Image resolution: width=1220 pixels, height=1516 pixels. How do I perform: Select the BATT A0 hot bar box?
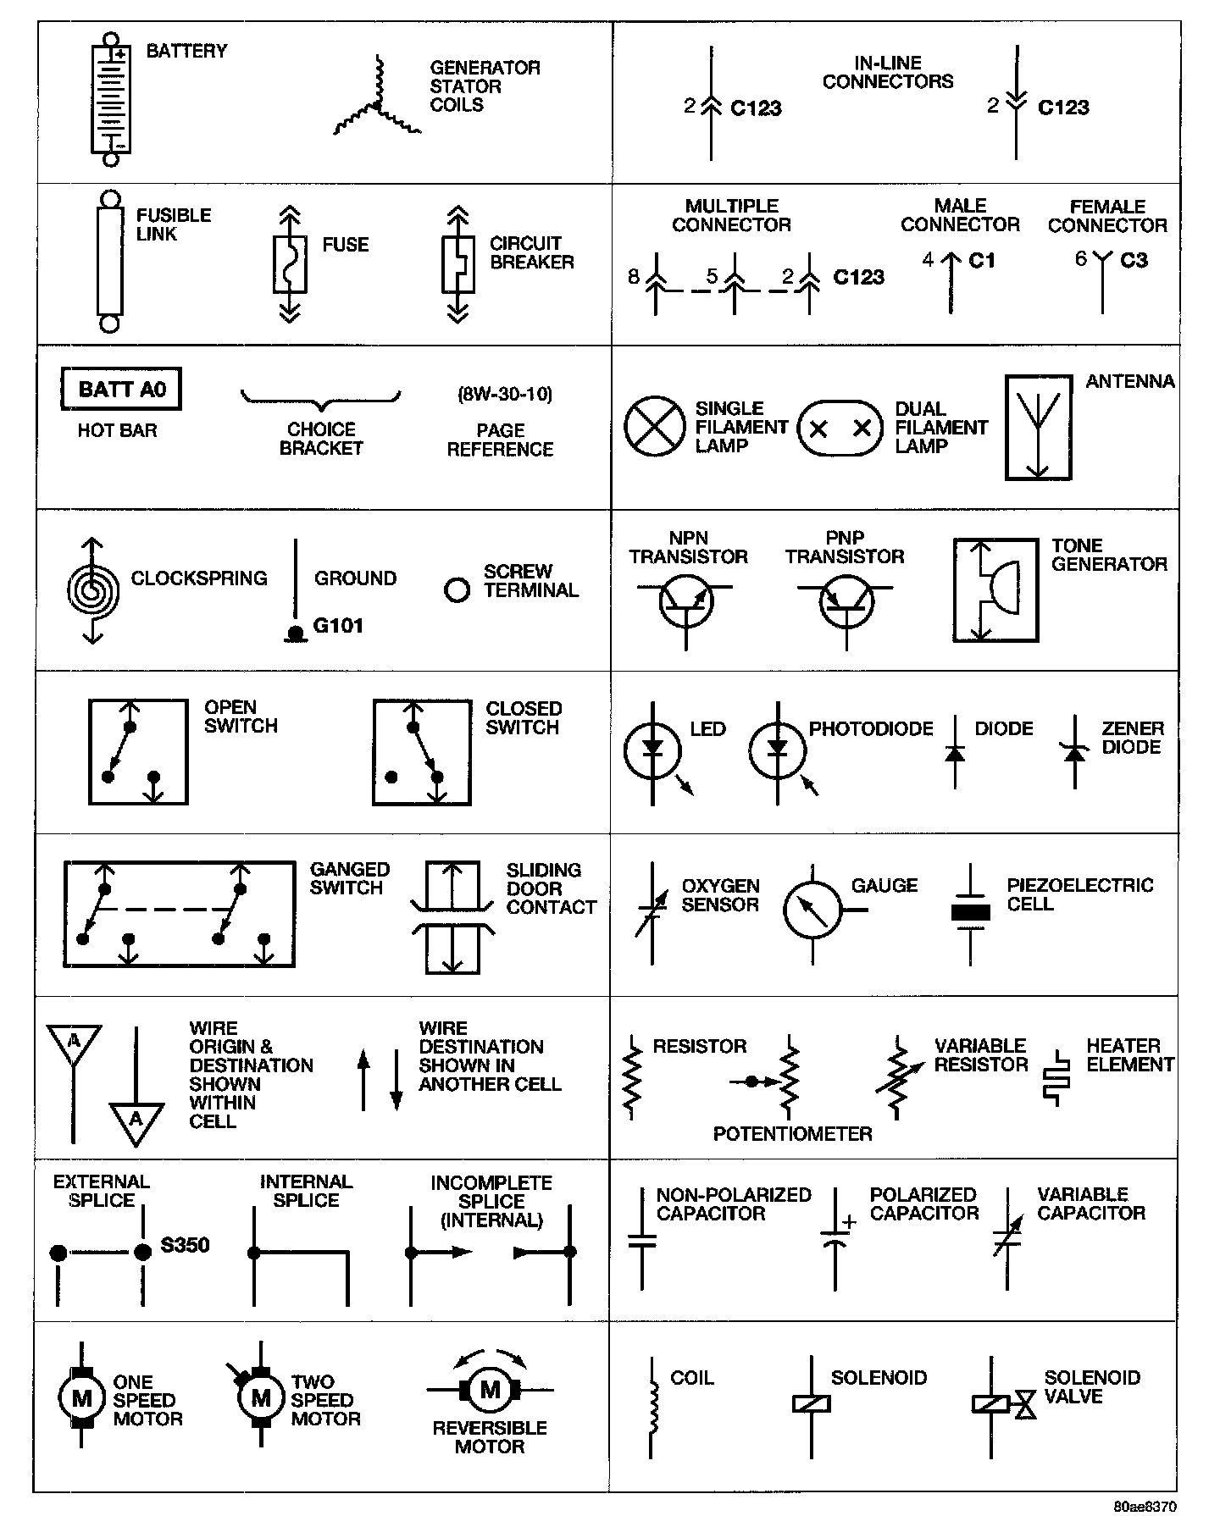pyautogui.click(x=121, y=390)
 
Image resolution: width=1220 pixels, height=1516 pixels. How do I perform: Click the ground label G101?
pyautogui.click(x=338, y=626)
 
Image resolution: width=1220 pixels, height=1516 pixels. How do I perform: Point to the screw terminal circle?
pyautogui.click(x=457, y=589)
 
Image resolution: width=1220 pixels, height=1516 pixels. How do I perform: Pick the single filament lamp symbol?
pyautogui.click(x=654, y=426)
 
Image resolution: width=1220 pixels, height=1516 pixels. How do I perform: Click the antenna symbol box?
pyautogui.click(x=1038, y=428)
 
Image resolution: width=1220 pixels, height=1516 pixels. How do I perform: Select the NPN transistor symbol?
pyautogui.click(x=685, y=602)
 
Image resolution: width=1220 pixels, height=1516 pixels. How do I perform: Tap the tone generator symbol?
pyautogui.click(x=995, y=589)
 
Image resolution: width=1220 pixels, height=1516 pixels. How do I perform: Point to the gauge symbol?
pyautogui.click(x=812, y=910)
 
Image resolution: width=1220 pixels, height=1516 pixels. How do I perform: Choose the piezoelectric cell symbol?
pyautogui.click(x=970, y=913)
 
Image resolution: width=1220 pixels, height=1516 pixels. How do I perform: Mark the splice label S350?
pyautogui.click(x=185, y=1245)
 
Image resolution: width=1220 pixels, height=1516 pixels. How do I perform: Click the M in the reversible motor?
pyautogui.click(x=491, y=1389)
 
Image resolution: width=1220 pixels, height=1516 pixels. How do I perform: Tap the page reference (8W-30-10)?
pyautogui.click(x=504, y=394)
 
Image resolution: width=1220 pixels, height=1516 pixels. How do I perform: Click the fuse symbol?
pyautogui.click(x=290, y=264)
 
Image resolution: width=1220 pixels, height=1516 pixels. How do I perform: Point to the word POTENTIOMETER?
pyautogui.click(x=792, y=1134)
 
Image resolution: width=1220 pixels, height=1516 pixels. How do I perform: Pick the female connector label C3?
pyautogui.click(x=1134, y=260)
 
